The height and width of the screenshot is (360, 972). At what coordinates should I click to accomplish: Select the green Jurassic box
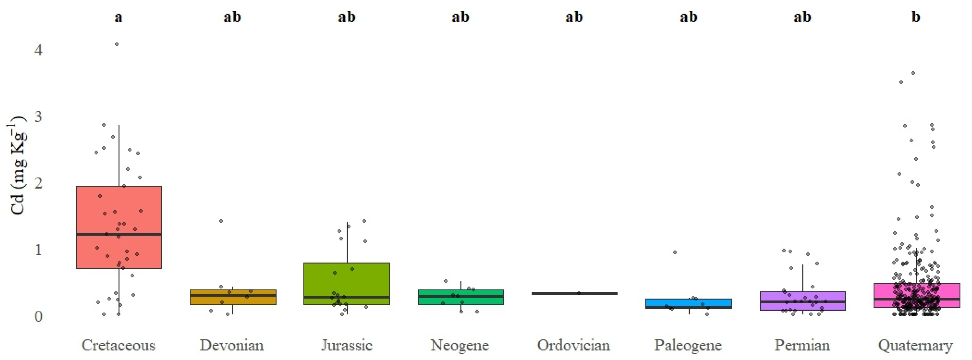point(346,279)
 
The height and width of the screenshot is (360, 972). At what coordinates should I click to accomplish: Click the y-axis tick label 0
point(38,316)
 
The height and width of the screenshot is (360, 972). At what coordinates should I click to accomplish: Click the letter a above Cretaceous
point(118,17)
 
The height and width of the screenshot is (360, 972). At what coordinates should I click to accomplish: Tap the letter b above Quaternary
point(916,17)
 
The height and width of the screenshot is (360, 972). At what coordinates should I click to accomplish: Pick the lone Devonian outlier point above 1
point(221,221)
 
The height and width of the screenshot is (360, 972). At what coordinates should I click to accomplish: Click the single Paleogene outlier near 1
point(675,252)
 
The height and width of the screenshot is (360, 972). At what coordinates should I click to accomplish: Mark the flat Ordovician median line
point(574,293)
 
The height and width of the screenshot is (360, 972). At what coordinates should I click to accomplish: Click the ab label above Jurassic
point(346,17)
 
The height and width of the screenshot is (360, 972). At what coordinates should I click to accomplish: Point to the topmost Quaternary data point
point(913,73)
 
